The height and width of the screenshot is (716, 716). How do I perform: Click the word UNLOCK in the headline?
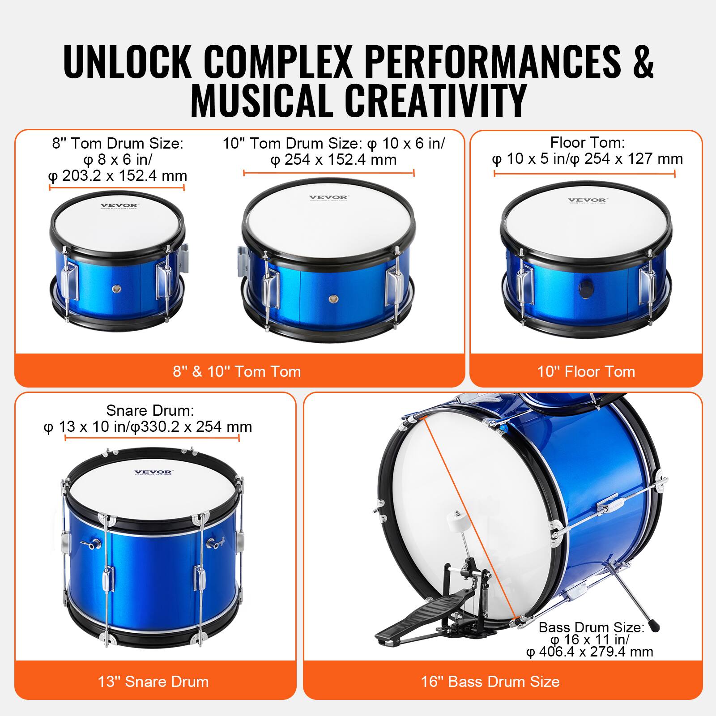point(128,61)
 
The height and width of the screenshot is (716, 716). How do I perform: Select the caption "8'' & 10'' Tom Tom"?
point(237,371)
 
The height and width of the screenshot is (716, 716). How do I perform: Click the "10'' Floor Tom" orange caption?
point(586,371)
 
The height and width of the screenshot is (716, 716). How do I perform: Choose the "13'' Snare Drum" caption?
point(153,682)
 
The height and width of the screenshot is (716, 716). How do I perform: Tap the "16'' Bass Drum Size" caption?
point(490,682)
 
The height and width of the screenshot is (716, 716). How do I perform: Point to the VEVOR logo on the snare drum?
point(153,472)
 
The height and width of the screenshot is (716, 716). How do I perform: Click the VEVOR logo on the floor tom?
point(587,200)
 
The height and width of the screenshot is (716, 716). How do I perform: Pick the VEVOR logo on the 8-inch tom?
point(119,206)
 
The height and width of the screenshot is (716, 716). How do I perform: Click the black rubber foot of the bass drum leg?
point(654,626)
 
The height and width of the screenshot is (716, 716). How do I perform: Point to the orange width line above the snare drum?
point(152,438)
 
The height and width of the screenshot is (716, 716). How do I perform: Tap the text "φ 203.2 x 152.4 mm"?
point(118,176)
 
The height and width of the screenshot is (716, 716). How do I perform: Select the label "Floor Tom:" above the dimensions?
point(587,142)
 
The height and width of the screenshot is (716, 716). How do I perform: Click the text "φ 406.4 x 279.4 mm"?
point(590,652)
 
